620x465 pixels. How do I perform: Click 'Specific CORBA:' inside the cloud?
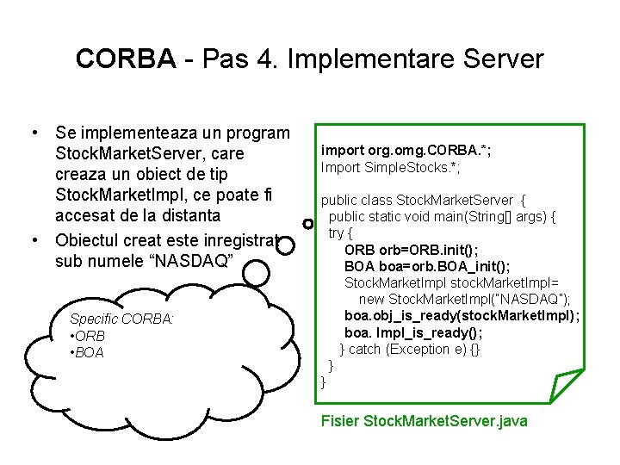[x=121, y=319]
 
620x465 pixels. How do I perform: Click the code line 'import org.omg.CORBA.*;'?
[x=406, y=150]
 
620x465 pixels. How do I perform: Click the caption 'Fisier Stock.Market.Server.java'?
[x=424, y=421]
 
